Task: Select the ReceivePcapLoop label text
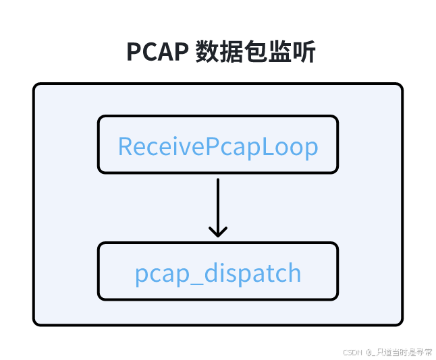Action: [x=217, y=146]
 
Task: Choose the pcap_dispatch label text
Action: [x=217, y=273]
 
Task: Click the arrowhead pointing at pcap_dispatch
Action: [x=217, y=231]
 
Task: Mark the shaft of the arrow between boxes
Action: [x=217, y=202]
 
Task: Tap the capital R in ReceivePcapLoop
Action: [x=125, y=146]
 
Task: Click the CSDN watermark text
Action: [x=353, y=352]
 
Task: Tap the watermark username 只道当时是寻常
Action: [x=405, y=352]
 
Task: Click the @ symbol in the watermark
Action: [x=369, y=352]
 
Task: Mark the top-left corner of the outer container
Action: [x=35, y=86]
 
